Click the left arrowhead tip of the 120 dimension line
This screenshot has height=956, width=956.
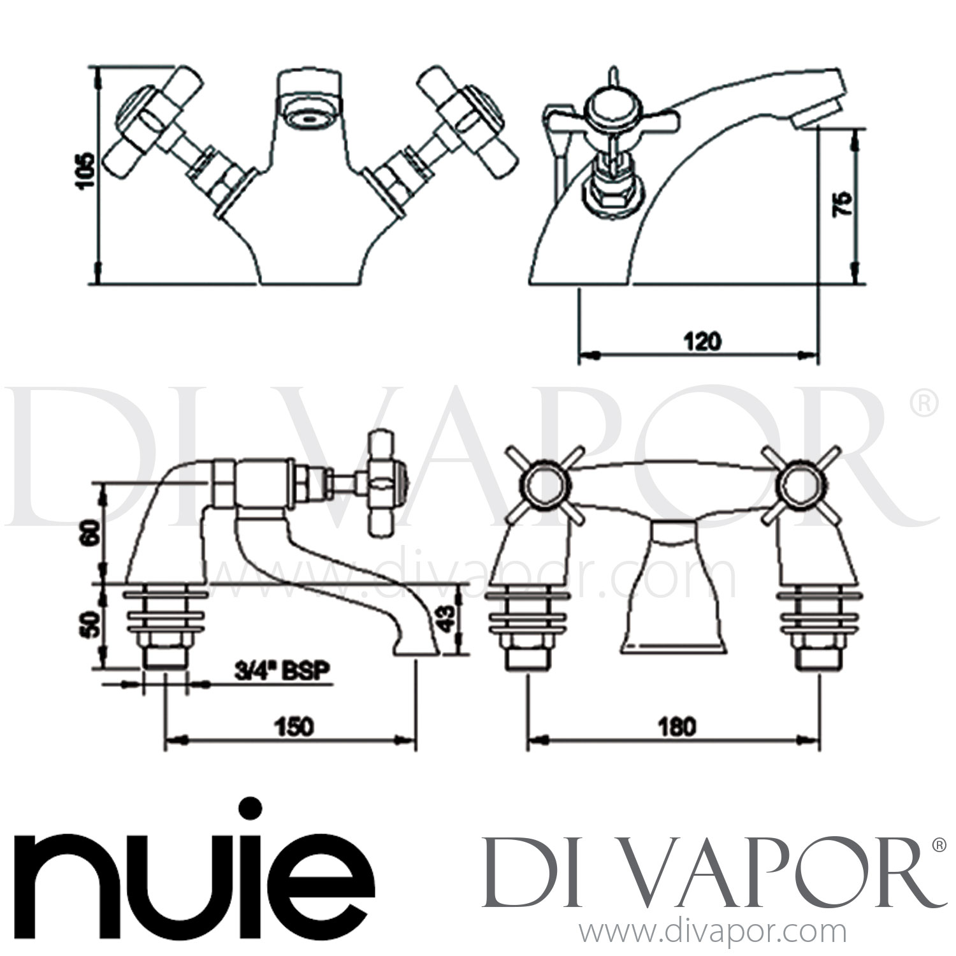[579, 352]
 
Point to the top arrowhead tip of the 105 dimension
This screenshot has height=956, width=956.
[98, 65]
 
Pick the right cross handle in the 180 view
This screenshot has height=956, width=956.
[800, 484]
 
